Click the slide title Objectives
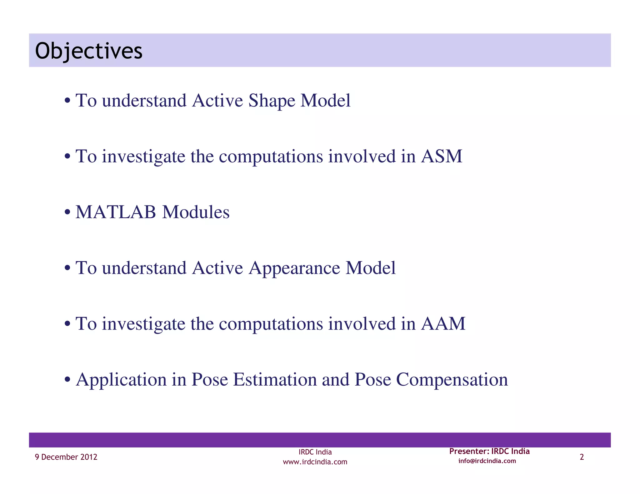tap(89, 51)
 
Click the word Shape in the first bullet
tap(272, 101)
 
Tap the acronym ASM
tap(441, 156)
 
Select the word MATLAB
tap(116, 212)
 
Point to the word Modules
tap(196, 212)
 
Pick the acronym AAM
tap(443, 324)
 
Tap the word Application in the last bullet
tap(121, 380)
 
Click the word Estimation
tap(275, 379)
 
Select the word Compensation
tap(452, 380)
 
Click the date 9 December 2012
tap(66, 457)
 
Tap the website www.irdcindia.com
tap(315, 462)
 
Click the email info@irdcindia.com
tap(487, 461)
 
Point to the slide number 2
tap(582, 457)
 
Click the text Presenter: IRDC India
tap(489, 451)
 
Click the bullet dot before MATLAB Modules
tap(67, 213)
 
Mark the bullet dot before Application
tap(67, 380)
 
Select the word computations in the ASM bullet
tap(271, 157)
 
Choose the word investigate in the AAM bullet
tap(143, 324)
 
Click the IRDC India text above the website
tap(315, 452)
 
